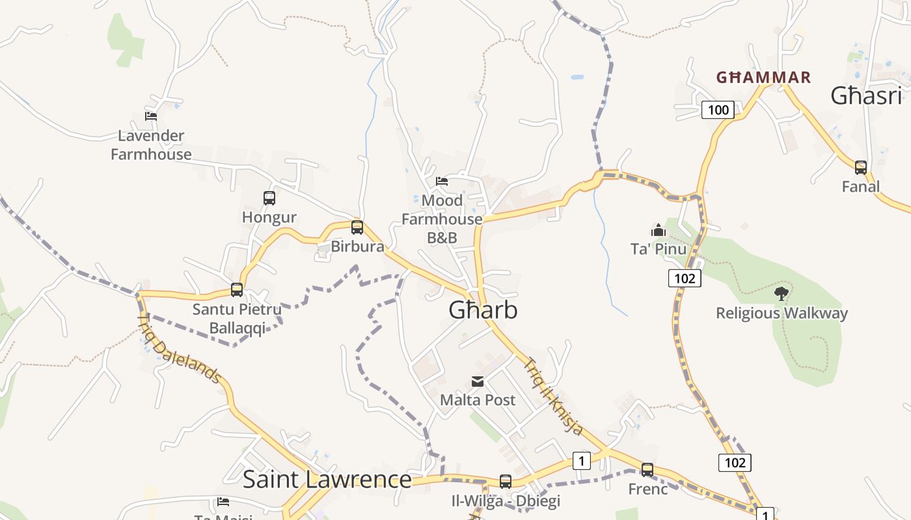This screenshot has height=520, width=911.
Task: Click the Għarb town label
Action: (x=483, y=310)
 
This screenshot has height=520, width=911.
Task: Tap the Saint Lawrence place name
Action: (x=327, y=480)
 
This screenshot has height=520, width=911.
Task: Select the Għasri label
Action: (x=866, y=96)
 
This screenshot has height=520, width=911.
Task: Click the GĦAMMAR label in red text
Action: (x=763, y=78)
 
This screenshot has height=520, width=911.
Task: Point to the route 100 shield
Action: (x=718, y=110)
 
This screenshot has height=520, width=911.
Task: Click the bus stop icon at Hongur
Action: (x=269, y=198)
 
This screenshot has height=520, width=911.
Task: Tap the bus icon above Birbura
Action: (x=357, y=227)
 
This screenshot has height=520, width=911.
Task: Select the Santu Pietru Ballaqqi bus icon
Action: (x=237, y=290)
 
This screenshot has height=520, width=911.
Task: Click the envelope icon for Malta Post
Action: (x=478, y=382)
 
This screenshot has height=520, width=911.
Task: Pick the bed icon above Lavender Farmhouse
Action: (x=151, y=116)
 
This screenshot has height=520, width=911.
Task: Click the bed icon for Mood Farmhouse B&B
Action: (x=442, y=181)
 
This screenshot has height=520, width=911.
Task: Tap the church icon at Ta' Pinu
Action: (x=659, y=230)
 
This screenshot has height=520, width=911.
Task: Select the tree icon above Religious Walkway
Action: (x=781, y=294)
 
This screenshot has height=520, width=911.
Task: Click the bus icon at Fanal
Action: (x=861, y=168)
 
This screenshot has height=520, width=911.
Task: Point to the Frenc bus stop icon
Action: (x=647, y=469)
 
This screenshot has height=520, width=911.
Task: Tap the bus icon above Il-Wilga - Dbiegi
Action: (x=506, y=482)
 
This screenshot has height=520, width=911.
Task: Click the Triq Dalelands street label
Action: (x=180, y=348)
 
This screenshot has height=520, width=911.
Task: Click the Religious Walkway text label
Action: (x=782, y=313)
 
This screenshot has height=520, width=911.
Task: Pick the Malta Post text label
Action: (x=478, y=400)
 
